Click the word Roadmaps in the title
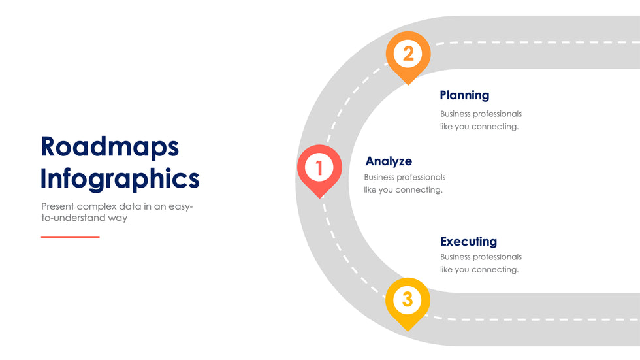tap(110, 146)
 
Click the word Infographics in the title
tap(120, 178)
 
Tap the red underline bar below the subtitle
tap(70, 237)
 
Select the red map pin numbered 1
tap(319, 169)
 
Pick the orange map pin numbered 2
tap(408, 54)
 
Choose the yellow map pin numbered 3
tap(408, 301)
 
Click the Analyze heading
tap(389, 161)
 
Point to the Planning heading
tap(464, 95)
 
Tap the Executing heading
tap(468, 242)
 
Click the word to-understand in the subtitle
tap(73, 218)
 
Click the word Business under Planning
tap(455, 114)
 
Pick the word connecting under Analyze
tap(419, 190)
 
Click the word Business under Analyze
tap(379, 177)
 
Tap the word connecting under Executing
tap(495, 270)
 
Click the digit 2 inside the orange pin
tap(408, 53)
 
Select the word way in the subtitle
tap(118, 218)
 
